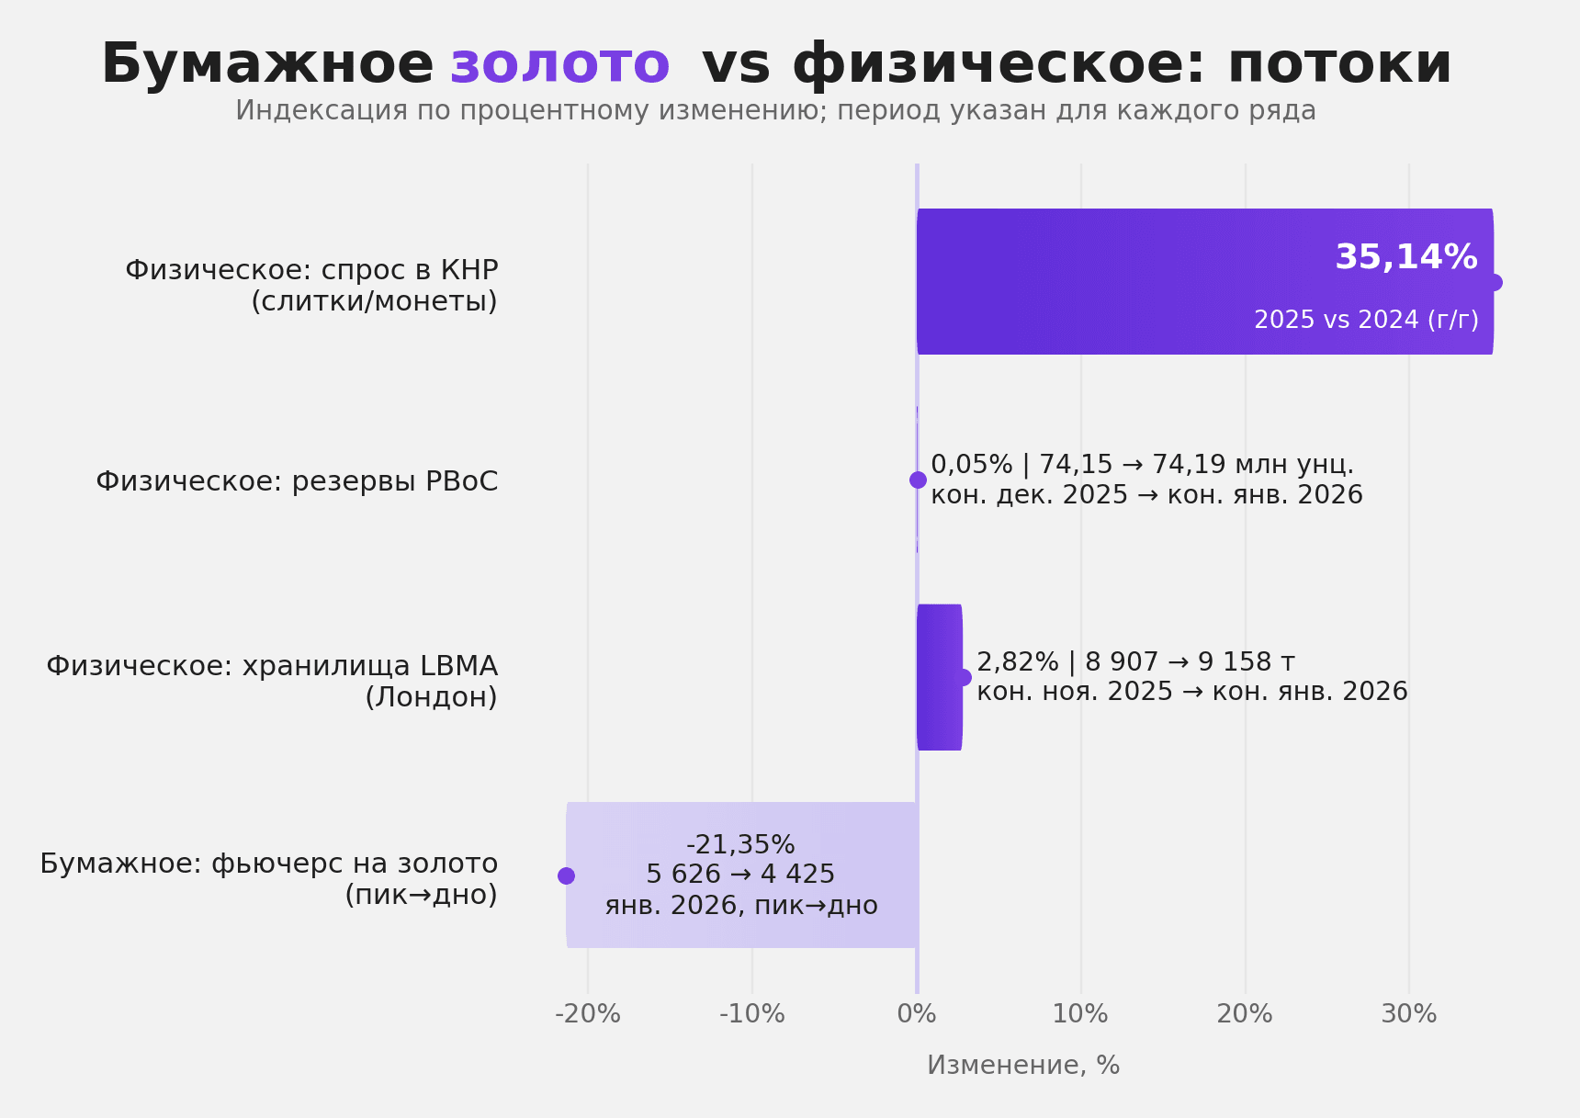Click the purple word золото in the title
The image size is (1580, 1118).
(559, 64)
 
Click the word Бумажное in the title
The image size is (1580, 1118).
(266, 64)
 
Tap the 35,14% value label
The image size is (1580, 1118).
(1405, 258)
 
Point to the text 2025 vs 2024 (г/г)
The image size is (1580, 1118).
(1366, 320)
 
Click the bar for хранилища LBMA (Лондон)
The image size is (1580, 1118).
(939, 677)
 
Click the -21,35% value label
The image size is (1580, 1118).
(740, 845)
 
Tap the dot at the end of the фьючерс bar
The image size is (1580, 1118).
(566, 875)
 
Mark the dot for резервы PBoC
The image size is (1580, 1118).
(918, 480)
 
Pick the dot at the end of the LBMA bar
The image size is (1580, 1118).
(963, 677)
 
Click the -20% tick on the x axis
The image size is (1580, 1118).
(588, 1014)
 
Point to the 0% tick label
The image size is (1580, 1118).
(917, 1014)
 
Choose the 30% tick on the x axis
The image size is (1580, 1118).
(1409, 1014)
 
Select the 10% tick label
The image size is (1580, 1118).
(1080, 1014)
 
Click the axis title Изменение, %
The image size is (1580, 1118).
(1023, 1066)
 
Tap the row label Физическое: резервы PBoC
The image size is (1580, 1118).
(297, 481)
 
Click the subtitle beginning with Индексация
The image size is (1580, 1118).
(775, 111)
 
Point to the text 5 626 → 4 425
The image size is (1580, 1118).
(740, 875)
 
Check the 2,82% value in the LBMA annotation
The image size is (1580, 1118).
(1017, 662)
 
